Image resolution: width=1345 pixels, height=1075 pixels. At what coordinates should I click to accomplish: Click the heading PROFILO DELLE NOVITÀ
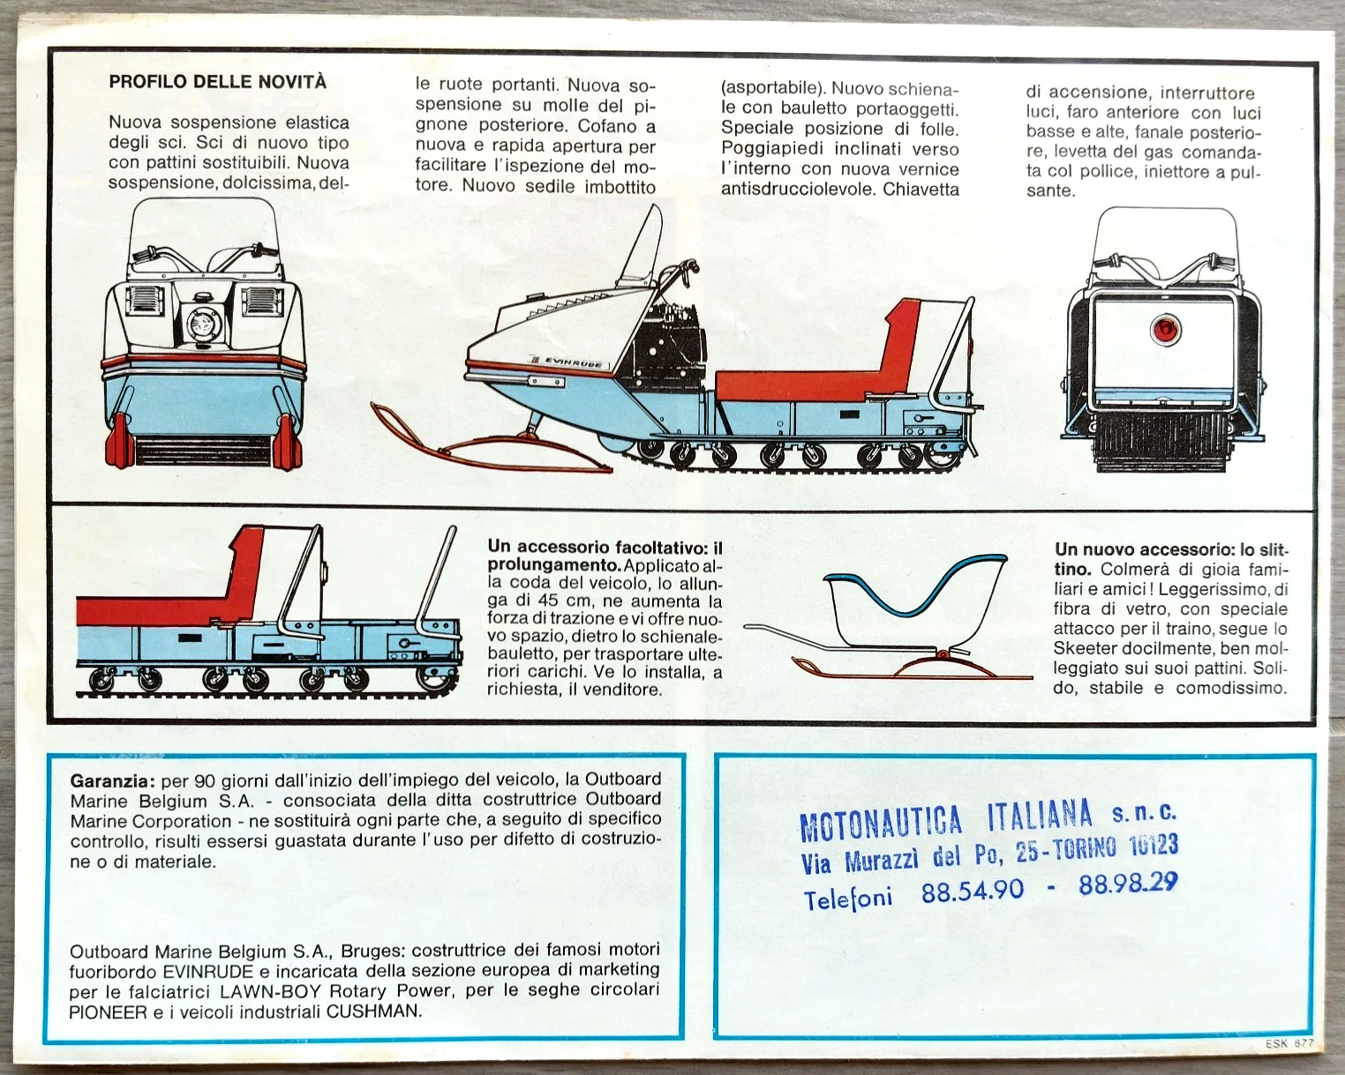tap(217, 82)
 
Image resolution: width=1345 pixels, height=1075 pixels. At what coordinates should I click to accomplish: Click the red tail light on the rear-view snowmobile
tap(1165, 328)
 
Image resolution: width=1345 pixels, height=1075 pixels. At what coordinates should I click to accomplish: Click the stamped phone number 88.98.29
tap(1128, 884)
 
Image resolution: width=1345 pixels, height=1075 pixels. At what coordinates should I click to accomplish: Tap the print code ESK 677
tap(1289, 1043)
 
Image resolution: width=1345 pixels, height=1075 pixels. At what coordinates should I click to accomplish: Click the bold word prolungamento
tap(553, 564)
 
